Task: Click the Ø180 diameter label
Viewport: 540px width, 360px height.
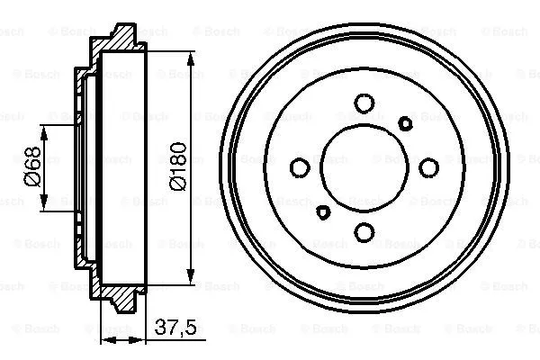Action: point(178,168)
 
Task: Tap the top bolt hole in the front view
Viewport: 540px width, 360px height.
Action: point(364,102)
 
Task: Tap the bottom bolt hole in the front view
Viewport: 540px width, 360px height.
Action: point(364,232)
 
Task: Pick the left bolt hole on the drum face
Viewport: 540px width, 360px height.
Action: point(299,166)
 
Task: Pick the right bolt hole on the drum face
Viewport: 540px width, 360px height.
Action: point(429,166)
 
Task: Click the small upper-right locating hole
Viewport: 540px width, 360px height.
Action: point(405,122)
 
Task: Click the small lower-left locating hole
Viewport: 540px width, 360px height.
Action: point(323,211)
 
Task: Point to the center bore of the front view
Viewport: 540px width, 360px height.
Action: point(364,166)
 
